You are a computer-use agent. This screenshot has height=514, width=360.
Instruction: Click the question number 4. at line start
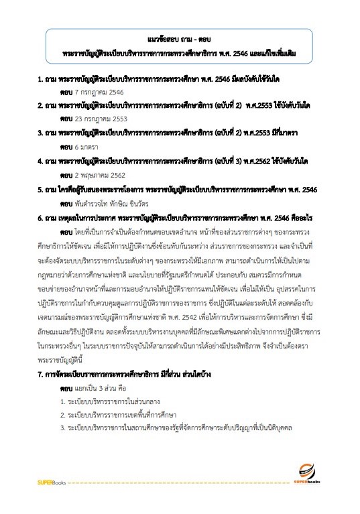(40, 162)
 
